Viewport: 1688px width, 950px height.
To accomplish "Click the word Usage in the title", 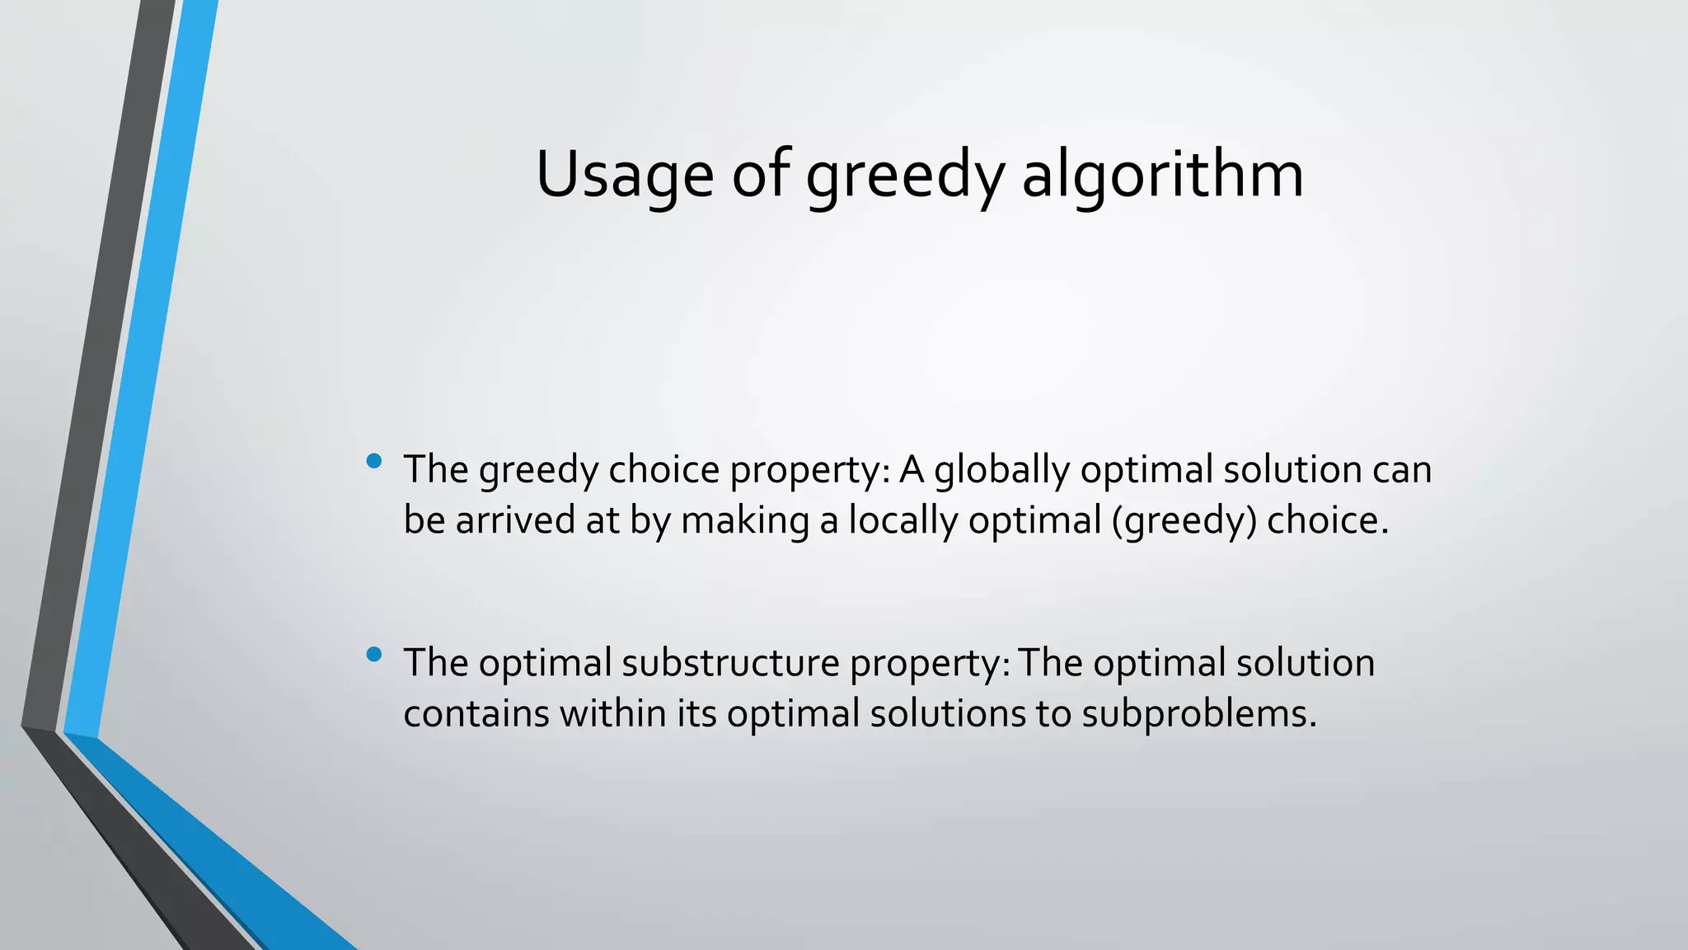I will click(624, 175).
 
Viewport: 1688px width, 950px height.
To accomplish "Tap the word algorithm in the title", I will click(1162, 175).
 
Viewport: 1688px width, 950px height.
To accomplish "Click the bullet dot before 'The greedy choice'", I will click(373, 461).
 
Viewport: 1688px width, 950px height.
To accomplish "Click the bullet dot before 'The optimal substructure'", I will click(373, 655).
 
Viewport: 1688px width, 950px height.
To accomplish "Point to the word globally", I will click(1001, 471).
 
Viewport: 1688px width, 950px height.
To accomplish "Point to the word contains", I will click(476, 713).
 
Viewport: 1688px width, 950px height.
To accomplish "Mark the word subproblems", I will click(1198, 715).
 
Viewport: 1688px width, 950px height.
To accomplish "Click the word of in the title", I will click(760, 175).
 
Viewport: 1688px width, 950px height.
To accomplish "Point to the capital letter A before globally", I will click(911, 470).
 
